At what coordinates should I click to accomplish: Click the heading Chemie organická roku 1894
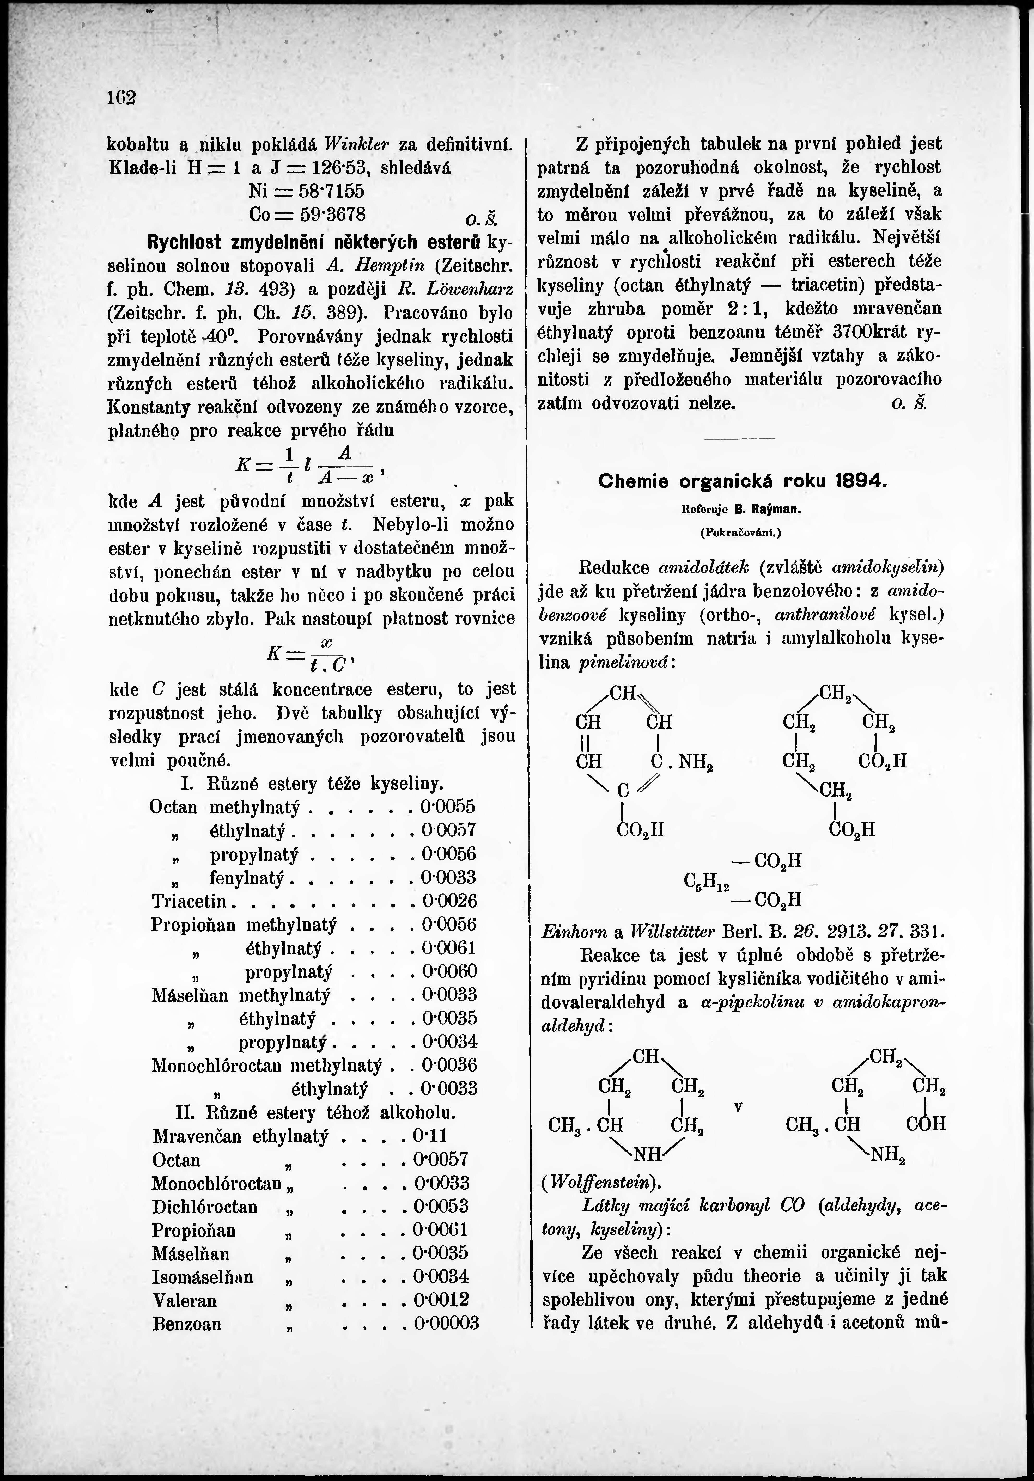point(743,481)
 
